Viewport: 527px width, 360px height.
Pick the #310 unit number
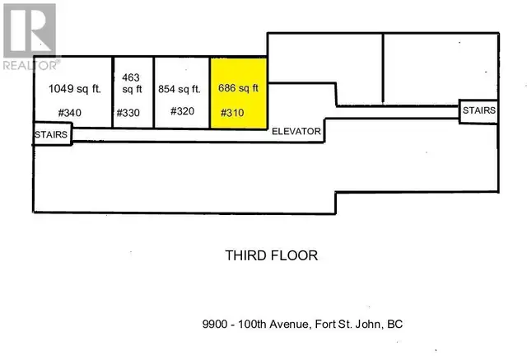[x=231, y=113]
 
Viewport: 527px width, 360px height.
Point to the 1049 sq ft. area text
[x=71, y=88]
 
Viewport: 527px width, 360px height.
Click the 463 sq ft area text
[x=132, y=82]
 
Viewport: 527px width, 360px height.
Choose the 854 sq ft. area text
[x=181, y=89]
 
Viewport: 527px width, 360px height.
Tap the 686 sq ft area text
[x=239, y=87]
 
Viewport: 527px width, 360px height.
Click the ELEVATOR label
[x=296, y=130]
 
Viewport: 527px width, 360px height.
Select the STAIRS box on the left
[x=52, y=133]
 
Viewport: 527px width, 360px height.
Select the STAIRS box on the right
[x=479, y=110]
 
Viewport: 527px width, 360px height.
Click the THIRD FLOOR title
[x=271, y=255]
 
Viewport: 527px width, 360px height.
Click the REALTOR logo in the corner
[x=30, y=35]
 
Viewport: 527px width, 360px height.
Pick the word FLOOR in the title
[x=295, y=255]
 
